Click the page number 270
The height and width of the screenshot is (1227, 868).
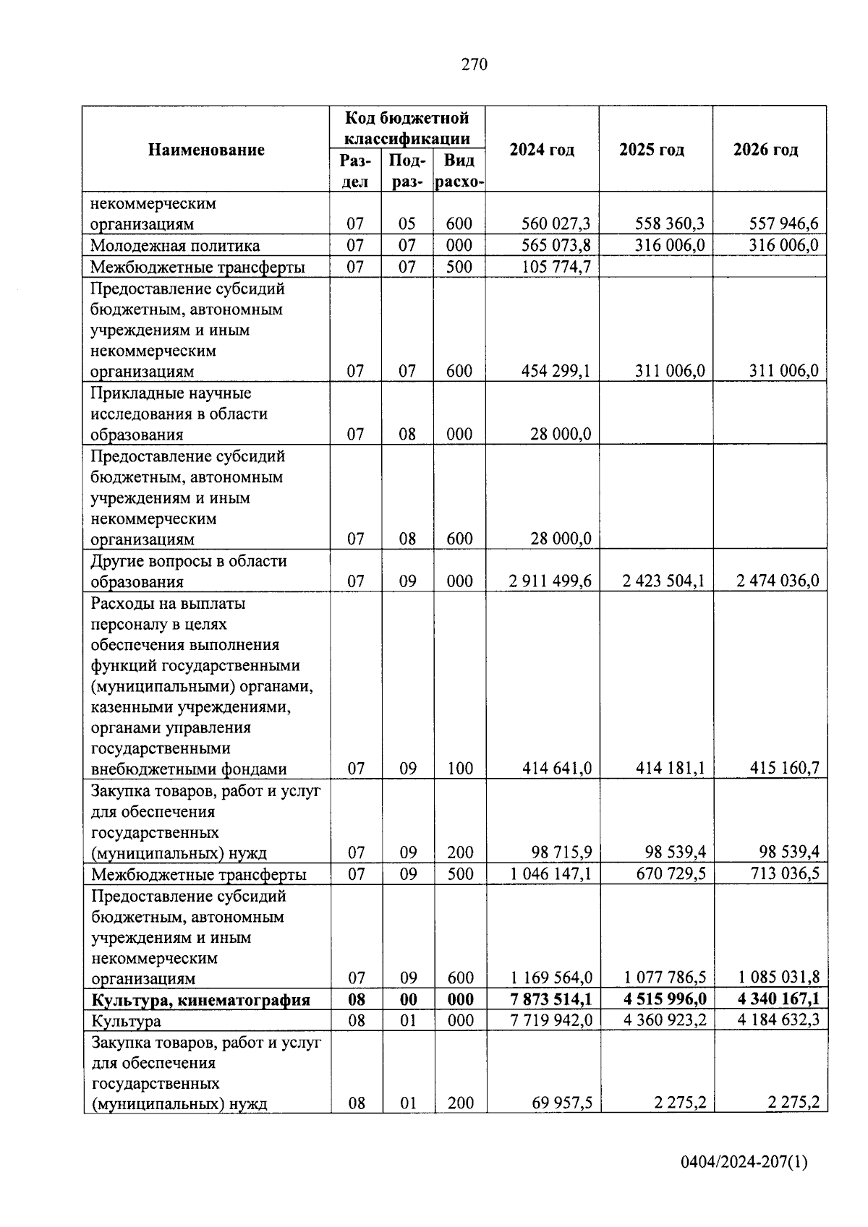pos(475,65)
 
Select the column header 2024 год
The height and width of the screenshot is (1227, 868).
pos(542,150)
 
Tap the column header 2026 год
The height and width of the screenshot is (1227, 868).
pos(765,150)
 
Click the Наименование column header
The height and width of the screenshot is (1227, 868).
pos(206,150)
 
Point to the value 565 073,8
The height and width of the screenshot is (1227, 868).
pos(556,246)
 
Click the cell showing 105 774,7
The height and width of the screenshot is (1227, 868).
pos(556,268)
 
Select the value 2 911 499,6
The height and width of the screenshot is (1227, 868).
pos(550,581)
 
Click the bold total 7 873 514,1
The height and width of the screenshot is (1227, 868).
pos(550,999)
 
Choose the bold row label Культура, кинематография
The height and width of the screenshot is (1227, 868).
pos(200,1000)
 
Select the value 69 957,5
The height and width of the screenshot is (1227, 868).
pos(561,1103)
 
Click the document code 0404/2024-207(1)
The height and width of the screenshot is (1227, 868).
pos(744,1162)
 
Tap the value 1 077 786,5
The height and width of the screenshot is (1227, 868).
pos(665,978)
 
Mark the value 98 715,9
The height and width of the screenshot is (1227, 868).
pos(561,852)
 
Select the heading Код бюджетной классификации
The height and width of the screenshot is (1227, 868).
pos(407,128)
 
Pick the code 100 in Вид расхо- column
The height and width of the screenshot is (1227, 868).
pos(459,769)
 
